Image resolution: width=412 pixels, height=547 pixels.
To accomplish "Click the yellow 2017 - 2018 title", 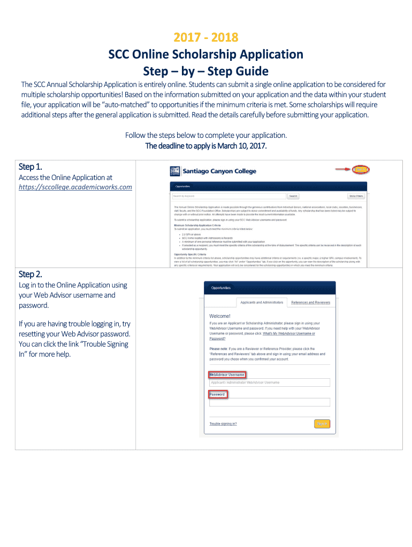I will point(206,37).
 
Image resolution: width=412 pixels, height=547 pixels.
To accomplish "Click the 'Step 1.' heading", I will point(31,167).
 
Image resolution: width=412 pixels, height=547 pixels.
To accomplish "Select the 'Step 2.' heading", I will point(31,274).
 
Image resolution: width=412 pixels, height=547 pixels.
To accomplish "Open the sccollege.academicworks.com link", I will point(75,187).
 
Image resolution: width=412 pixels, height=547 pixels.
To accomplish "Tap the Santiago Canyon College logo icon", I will point(175,171).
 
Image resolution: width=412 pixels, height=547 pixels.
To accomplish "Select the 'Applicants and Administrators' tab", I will point(262,302).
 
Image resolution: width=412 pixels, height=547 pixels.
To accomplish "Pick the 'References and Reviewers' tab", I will point(310,302).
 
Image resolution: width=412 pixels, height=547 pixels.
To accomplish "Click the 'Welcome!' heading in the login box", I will point(220,316).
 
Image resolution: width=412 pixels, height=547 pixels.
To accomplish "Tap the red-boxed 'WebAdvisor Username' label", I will point(227,374).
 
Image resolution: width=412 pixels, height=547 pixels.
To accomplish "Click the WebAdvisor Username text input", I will point(269,382).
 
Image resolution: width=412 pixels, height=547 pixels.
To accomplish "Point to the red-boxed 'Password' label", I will point(218,394).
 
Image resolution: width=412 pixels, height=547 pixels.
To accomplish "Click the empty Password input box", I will point(269,402).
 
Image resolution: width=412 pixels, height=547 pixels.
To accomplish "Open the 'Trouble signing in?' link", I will point(223,424).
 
